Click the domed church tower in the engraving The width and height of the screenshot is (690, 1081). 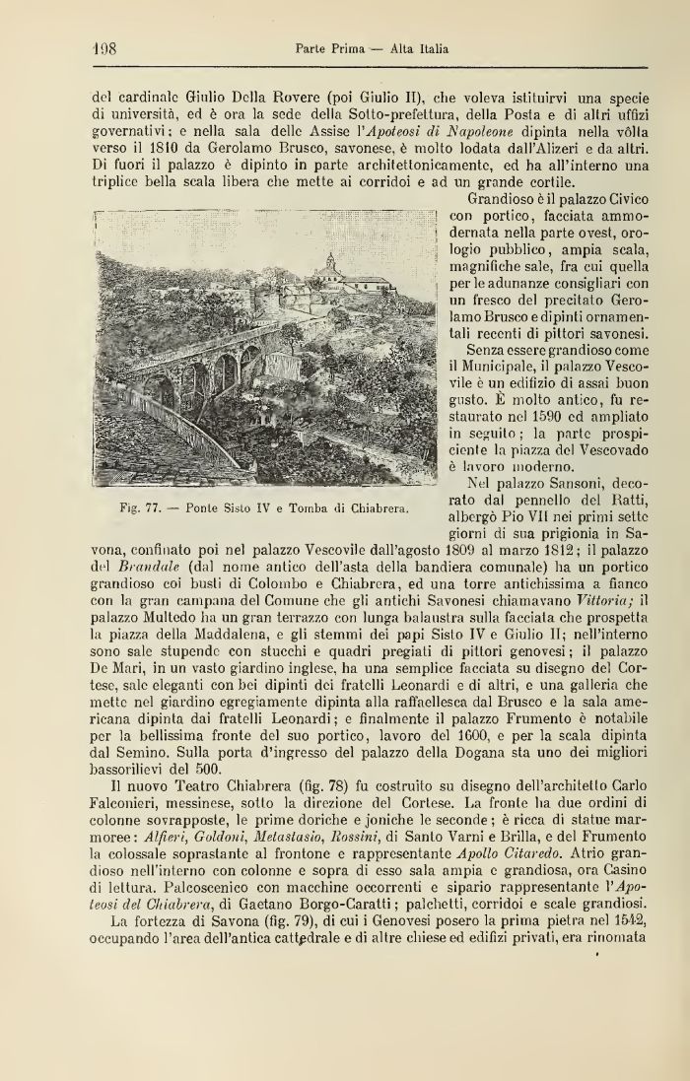tap(330, 264)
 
